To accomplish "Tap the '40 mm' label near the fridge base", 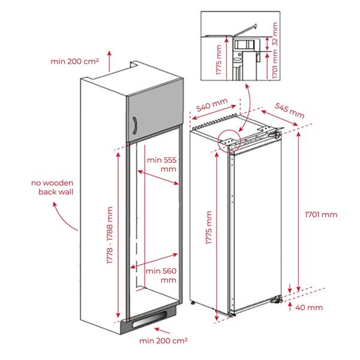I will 310,308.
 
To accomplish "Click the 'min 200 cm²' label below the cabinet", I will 164,341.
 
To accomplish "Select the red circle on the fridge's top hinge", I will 229,141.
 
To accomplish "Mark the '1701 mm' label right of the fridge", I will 321,214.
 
